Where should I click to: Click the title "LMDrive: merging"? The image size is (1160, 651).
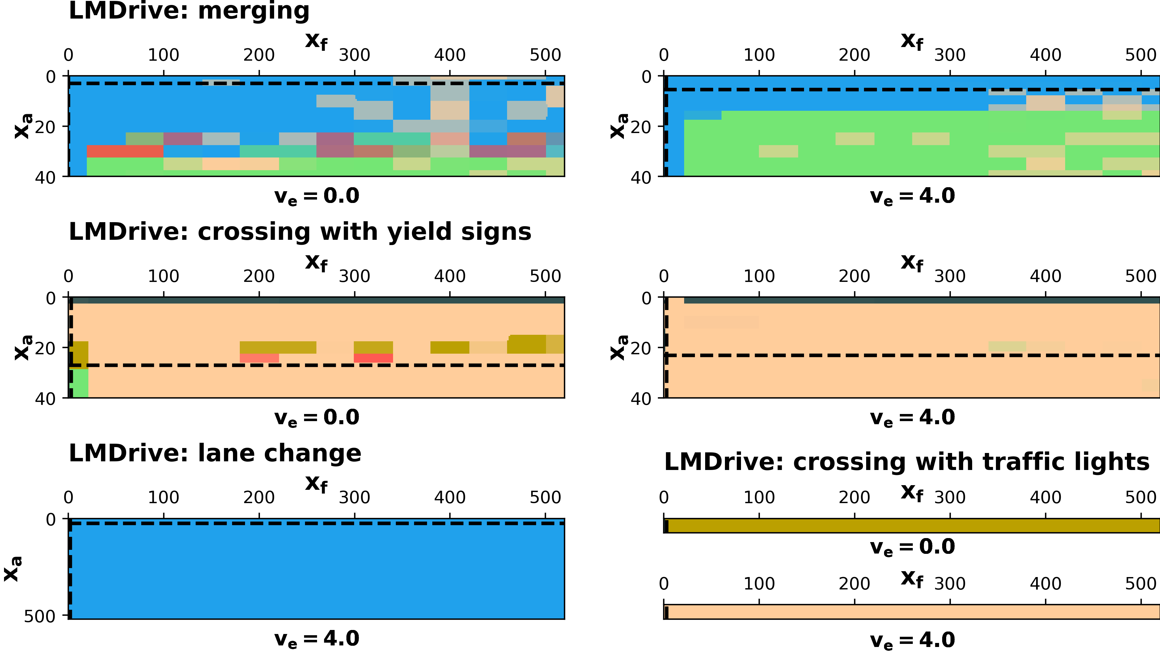pyautogui.click(x=189, y=11)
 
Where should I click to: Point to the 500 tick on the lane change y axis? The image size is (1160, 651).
pyautogui.click(x=40, y=616)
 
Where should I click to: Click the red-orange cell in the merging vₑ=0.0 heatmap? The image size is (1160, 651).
pyautogui.click(x=125, y=151)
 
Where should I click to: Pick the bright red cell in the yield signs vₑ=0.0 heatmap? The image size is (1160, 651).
pyautogui.click(x=373, y=358)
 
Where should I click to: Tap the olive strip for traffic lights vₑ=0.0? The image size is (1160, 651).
pyautogui.click(x=912, y=526)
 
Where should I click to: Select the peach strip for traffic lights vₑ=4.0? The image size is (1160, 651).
pyautogui.click(x=912, y=612)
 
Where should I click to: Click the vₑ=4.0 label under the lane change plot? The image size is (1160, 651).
pyautogui.click(x=316, y=639)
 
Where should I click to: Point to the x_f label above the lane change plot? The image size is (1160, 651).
pyautogui.click(x=316, y=484)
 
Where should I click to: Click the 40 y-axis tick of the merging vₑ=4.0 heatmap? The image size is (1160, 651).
pyautogui.click(x=641, y=178)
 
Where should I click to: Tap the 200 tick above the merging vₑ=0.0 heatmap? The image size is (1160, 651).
pyautogui.click(x=259, y=55)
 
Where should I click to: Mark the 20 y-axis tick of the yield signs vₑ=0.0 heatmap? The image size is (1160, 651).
pyautogui.click(x=45, y=348)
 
